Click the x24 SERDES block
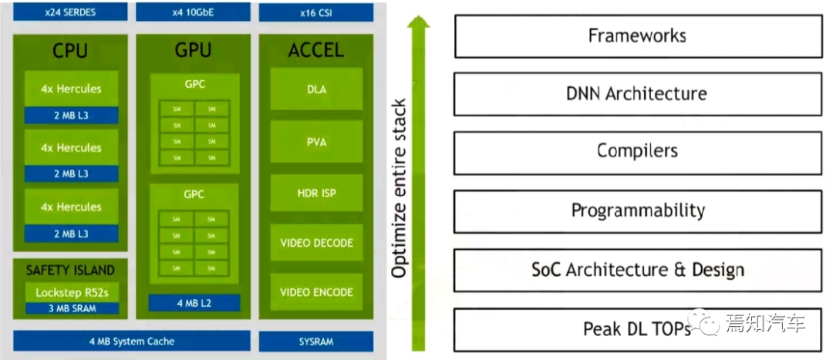[x=69, y=12]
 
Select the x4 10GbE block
[x=193, y=12]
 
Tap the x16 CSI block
[x=316, y=12]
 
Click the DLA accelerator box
[x=316, y=89]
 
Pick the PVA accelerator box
[x=316, y=142]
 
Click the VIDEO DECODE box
[x=316, y=243]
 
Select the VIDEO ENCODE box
[x=316, y=292]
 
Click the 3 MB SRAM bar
[x=71, y=308]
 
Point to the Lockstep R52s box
[x=71, y=292]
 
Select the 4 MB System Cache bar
[x=132, y=341]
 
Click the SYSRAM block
[x=316, y=341]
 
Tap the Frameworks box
[x=636, y=35]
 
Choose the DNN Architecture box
[x=636, y=94]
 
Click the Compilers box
[x=636, y=152]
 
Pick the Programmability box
[x=636, y=210]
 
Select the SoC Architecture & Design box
[x=636, y=270]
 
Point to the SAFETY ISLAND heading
[x=70, y=270]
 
